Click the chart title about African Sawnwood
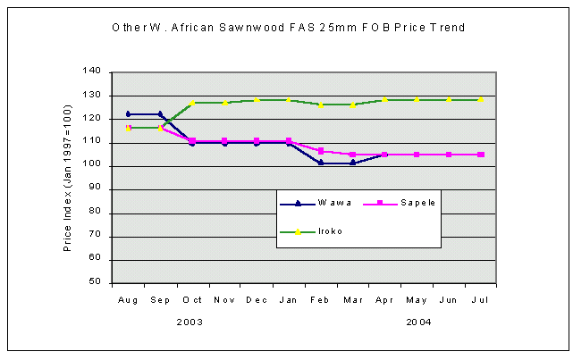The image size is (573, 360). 288,28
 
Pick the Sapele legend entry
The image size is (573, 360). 400,203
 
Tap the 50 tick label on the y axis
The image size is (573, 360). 94,283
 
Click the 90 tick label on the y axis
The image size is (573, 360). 94,189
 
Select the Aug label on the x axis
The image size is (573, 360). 128,299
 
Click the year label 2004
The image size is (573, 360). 417,321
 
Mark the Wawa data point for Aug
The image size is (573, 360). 128,113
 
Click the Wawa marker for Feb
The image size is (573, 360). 321,163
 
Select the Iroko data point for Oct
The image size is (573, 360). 192,103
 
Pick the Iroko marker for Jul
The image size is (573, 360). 481,100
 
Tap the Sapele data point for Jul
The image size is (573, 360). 481,155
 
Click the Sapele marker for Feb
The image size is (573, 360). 321,151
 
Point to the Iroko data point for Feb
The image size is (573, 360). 321,105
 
